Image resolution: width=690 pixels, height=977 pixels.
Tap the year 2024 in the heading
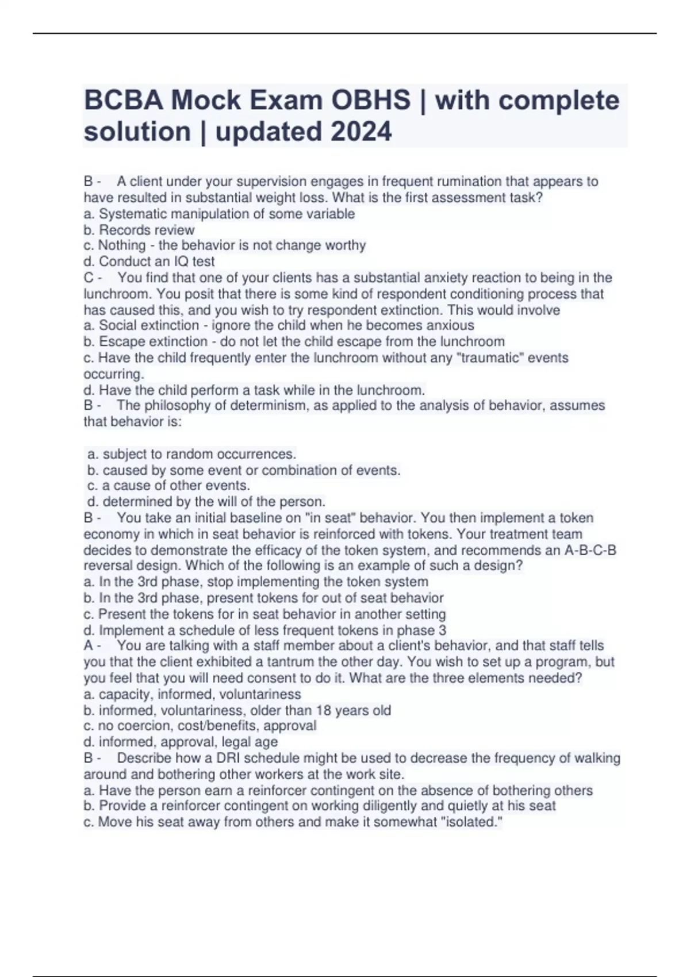[361, 132]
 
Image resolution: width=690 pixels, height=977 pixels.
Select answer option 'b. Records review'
[139, 230]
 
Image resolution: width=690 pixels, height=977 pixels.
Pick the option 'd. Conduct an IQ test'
[149, 261]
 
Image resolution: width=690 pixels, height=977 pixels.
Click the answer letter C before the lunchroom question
[89, 278]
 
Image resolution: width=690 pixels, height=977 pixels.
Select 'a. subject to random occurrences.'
[191, 454]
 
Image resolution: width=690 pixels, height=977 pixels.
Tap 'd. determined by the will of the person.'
[206, 502]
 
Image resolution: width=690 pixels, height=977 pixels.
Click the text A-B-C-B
[591, 551]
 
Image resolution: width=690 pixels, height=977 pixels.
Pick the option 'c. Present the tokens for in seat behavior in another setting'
[264, 614]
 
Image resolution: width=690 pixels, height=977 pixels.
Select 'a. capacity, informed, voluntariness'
[192, 694]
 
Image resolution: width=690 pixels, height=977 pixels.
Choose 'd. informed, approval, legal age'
[181, 742]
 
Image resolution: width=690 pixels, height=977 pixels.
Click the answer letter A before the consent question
[88, 646]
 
